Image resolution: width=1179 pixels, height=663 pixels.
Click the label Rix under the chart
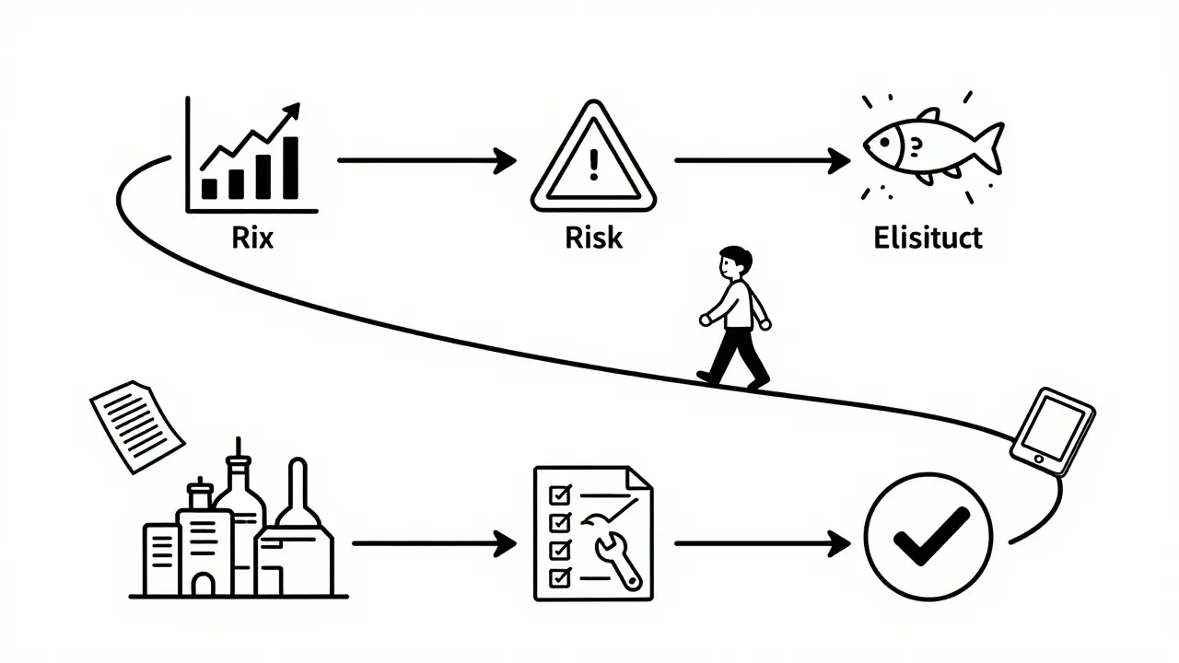[x=253, y=238]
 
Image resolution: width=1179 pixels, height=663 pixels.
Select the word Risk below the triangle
[x=593, y=238]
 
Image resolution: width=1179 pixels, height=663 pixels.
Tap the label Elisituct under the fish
[x=927, y=238]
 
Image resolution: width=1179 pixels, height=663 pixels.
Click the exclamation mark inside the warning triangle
[x=593, y=164]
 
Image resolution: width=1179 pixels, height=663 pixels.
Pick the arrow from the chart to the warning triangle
[x=426, y=160]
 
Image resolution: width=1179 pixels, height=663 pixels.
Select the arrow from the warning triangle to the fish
[x=763, y=160]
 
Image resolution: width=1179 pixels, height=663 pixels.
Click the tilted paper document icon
[x=137, y=425]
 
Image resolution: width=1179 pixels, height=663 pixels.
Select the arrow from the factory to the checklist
[x=434, y=543]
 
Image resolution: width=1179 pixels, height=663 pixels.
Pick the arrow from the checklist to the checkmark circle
[x=763, y=543]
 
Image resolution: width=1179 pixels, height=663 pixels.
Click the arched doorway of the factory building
[x=204, y=582]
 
